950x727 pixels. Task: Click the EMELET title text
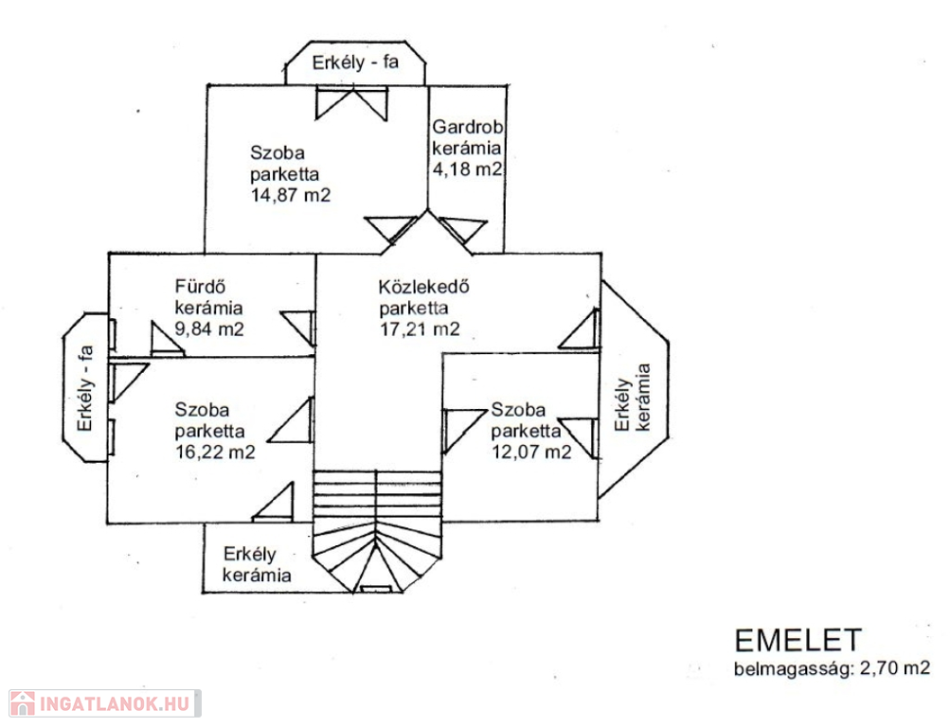pos(798,641)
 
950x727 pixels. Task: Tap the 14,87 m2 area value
pos(291,195)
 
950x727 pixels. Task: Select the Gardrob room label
pos(467,127)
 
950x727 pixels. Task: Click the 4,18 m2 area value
pos(467,168)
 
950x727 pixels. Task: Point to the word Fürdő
pos(200,286)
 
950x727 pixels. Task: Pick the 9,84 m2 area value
pos(209,328)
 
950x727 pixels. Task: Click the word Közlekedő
pos(423,286)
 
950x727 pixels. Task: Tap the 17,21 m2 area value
pos(420,328)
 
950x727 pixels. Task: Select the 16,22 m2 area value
pos(215,452)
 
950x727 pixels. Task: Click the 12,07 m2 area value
pos(531,452)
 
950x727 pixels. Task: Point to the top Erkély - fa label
pos(355,62)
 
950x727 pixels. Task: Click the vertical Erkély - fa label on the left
pos(85,388)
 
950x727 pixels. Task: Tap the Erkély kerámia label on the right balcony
pos(633,397)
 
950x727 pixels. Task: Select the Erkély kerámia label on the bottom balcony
pos(257,564)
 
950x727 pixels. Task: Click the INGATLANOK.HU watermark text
pos(115,704)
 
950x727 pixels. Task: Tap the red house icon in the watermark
pos(23,703)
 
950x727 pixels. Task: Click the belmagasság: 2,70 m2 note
pos(832,668)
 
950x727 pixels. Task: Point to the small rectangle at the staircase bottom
pos(376,589)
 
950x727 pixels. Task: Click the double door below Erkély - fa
pos(352,104)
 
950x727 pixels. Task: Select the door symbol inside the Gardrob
pos(463,230)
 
